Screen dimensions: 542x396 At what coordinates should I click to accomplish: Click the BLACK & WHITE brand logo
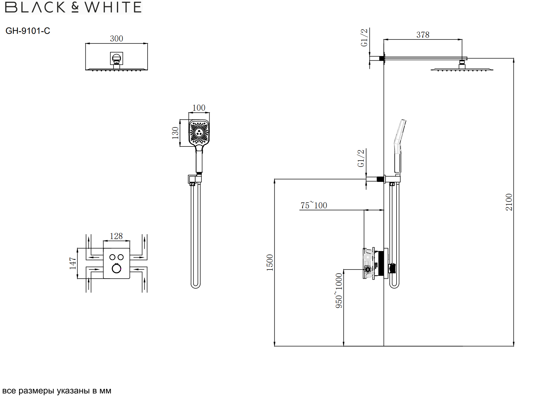[73, 7]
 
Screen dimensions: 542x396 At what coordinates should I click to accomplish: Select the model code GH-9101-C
[28, 31]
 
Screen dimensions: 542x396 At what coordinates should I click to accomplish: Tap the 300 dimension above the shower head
[116, 39]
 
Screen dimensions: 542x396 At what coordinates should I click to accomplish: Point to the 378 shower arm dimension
[423, 35]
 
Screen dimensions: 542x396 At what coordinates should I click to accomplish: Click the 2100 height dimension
[509, 202]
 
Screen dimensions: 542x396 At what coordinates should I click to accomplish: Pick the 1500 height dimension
[270, 263]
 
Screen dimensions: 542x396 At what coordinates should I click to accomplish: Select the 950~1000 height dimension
[339, 291]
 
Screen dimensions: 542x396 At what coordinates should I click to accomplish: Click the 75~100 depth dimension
[314, 205]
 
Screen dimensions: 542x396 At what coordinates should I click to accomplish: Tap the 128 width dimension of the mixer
[116, 236]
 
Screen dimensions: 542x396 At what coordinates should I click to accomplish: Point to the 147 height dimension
[73, 263]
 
